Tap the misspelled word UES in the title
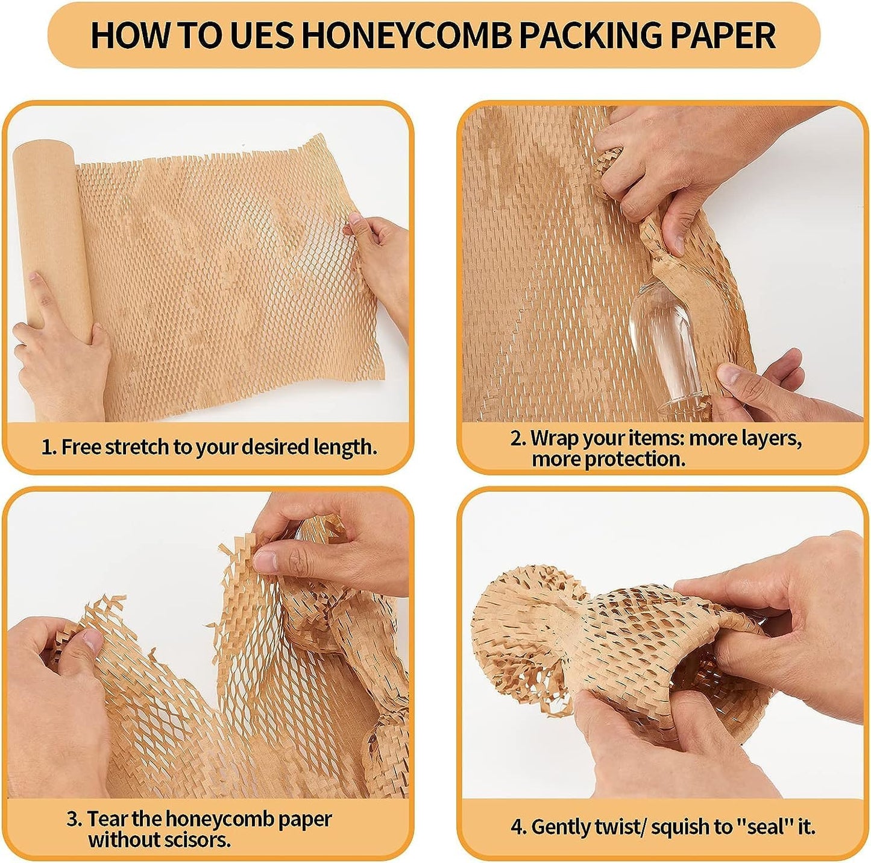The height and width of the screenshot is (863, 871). point(262,35)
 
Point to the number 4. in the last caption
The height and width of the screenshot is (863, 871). point(518,827)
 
